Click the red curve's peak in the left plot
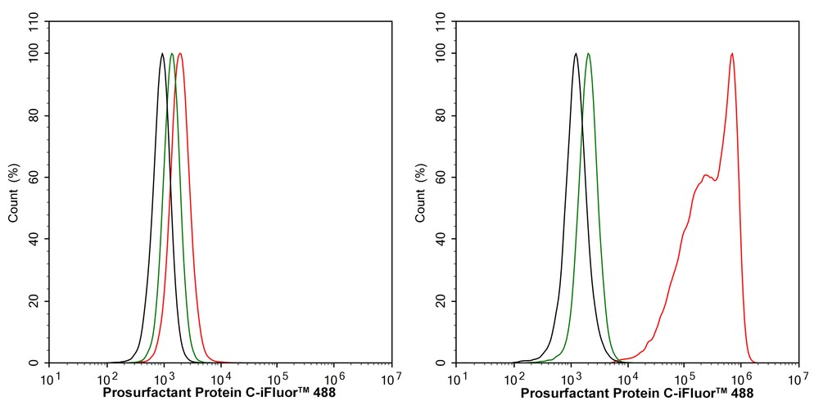179,54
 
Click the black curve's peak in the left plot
162,54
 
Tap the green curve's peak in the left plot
171,54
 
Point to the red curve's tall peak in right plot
731,54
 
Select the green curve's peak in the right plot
588,54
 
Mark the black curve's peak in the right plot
576,54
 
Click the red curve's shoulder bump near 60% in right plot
705,174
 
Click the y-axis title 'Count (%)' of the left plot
13,193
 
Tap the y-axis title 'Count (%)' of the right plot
420,193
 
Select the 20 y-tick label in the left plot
36,301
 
